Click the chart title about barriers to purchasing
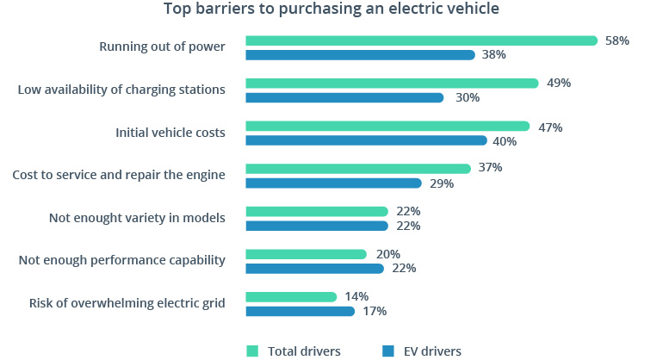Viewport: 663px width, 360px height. click(x=331, y=10)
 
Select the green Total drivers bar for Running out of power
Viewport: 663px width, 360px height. click(x=421, y=40)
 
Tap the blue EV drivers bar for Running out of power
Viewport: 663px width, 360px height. click(x=360, y=55)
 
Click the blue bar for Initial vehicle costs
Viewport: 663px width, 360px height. click(x=366, y=140)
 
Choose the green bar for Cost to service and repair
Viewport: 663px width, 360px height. click(x=358, y=169)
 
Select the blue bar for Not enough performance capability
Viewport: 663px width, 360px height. click(x=314, y=269)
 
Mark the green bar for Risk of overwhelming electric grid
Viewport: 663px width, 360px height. click(x=291, y=297)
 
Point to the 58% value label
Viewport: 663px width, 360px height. click(x=617, y=40)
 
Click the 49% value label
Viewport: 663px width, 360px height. click(x=559, y=84)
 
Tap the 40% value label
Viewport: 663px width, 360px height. click(x=505, y=140)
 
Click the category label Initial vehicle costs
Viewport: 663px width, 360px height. click(x=170, y=133)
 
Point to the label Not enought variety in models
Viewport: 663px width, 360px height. click(x=137, y=218)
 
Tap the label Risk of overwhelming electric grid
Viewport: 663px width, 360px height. click(x=127, y=303)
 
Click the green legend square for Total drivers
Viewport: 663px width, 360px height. click(x=252, y=351)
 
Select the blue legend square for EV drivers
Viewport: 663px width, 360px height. click(x=388, y=351)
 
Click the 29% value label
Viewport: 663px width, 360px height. click(x=441, y=183)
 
